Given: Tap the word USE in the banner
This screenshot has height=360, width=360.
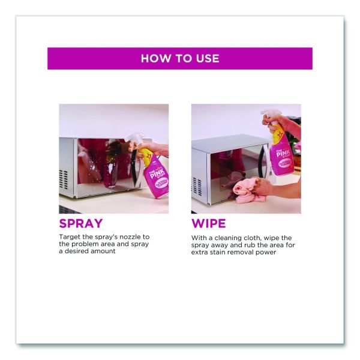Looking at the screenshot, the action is point(208,59).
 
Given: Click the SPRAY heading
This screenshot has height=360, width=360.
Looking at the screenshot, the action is point(81,223).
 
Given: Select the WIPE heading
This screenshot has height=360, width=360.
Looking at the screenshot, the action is point(208,223).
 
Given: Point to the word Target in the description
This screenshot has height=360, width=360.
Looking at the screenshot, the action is point(70,237).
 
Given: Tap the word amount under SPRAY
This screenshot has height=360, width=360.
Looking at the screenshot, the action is point(103,251).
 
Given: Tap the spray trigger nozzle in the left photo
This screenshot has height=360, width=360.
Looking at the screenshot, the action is point(134,140).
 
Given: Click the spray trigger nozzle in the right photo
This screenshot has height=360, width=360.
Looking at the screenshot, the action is point(271,114).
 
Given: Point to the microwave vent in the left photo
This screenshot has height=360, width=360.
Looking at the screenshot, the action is point(64,180).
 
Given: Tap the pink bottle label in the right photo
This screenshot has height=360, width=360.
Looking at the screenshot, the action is point(283,158).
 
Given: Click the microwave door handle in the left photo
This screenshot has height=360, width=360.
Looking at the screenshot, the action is point(134,166).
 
